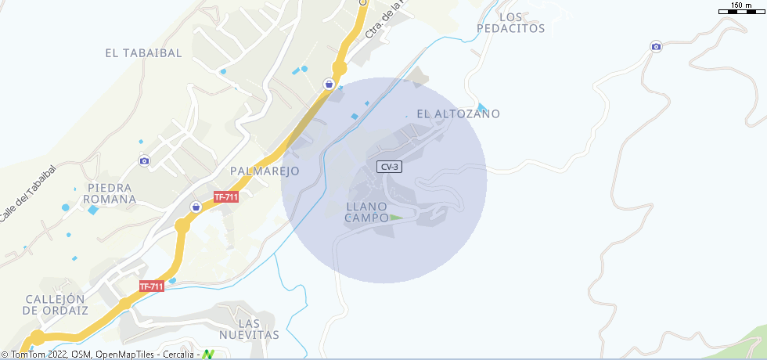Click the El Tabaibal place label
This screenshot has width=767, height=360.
click(x=143, y=53)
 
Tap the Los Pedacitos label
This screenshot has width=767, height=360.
click(x=510, y=23)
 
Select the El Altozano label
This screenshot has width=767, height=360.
click(x=458, y=113)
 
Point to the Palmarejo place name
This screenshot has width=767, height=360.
click(x=265, y=171)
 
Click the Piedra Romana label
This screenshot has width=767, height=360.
click(x=112, y=193)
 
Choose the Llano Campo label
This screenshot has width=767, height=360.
click(x=367, y=212)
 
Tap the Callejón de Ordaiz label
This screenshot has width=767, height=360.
click(x=55, y=304)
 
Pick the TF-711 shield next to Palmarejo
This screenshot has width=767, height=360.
click(x=225, y=197)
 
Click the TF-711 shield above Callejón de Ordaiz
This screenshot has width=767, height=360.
click(x=151, y=286)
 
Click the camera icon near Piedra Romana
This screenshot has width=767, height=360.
click(x=144, y=161)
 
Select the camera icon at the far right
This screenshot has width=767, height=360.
click(x=656, y=47)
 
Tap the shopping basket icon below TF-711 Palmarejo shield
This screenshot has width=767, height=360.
click(x=196, y=207)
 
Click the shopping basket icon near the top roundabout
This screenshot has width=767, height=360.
click(x=330, y=84)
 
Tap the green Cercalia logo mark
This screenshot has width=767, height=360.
click(x=208, y=355)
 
